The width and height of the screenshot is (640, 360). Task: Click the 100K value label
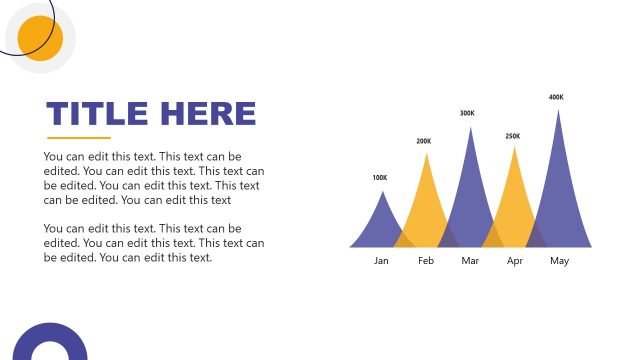[379, 178]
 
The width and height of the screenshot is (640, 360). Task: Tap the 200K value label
[424, 142]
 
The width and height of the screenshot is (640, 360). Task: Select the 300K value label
[467, 113]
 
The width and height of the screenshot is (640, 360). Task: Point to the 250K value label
[512, 136]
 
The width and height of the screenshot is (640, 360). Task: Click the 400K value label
[556, 97]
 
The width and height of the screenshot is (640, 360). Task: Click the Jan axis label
[381, 261]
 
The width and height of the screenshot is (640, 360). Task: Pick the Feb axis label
[426, 261]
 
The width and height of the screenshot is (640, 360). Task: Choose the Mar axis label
[471, 261]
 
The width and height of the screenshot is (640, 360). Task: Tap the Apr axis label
[515, 261]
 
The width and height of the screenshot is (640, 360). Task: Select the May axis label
[559, 261]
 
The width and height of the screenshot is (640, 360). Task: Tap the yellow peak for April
[514, 205]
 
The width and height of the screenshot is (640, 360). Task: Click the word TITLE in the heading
[97, 114]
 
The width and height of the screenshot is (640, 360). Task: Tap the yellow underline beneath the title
[79, 138]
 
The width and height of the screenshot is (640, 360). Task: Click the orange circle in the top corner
[40, 38]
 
